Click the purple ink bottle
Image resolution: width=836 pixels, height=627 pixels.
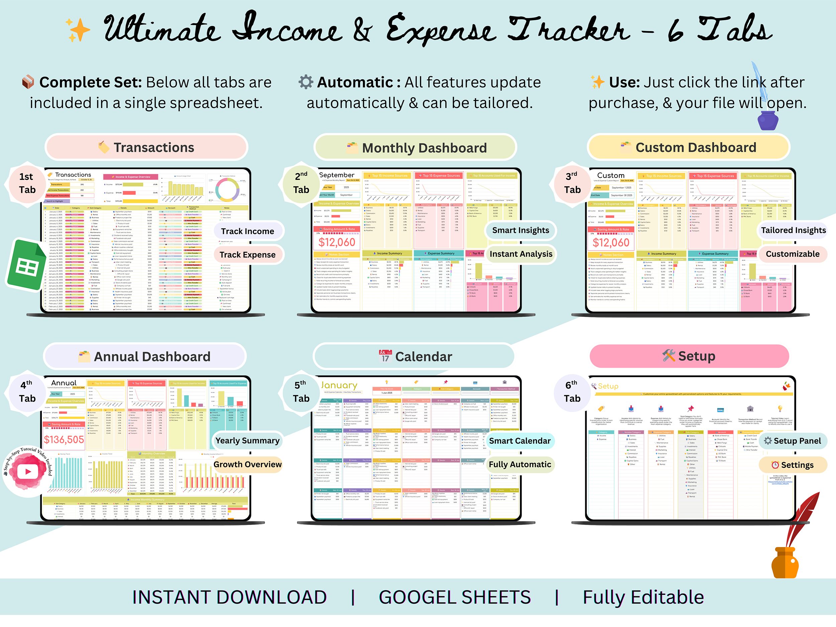coord(767,121)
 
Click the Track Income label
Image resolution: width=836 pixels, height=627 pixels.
coord(247,231)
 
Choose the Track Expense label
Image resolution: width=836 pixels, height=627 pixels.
coord(247,255)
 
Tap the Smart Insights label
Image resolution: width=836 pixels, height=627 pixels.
coord(520,230)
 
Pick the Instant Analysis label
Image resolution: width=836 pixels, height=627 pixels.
coord(521,254)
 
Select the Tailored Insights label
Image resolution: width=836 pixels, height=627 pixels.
coord(793,230)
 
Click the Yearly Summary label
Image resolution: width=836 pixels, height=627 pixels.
coord(247,441)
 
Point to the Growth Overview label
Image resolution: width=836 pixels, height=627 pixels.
coord(247,464)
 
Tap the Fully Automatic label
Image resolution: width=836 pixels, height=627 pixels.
coord(520,464)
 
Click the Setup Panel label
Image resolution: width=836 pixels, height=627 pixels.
coord(793,441)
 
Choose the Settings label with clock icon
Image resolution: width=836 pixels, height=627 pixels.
coord(793,465)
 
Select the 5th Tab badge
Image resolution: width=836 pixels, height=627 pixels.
coord(301,392)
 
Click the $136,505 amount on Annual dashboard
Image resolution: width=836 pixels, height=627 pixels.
coord(64,439)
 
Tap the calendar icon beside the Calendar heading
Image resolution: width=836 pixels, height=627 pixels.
coord(385,356)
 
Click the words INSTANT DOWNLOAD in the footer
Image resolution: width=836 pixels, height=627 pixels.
coord(229,597)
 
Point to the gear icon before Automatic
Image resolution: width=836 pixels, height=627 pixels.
coord(306,82)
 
